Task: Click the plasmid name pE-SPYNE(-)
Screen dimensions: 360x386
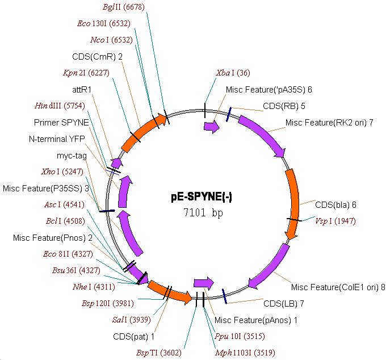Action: point(202,198)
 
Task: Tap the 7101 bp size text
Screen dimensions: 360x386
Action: point(202,213)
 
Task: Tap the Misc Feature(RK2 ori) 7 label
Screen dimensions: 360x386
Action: point(329,123)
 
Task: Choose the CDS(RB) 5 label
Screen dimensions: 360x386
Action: point(284,106)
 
